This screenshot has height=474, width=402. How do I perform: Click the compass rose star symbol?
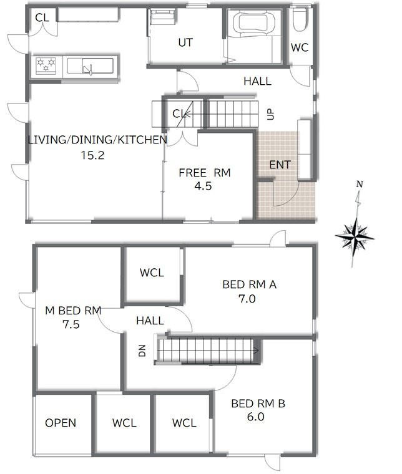click(x=355, y=237)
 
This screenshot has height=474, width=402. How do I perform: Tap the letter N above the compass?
click(x=360, y=184)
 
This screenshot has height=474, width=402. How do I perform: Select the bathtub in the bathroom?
click(x=257, y=22)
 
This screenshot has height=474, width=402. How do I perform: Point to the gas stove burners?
click(x=46, y=65)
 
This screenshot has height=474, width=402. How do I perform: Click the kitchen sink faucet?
click(x=88, y=69)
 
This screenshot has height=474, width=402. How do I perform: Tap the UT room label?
click(x=185, y=42)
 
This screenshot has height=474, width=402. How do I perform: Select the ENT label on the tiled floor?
click(x=280, y=165)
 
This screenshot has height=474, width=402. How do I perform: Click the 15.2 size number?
click(x=92, y=155)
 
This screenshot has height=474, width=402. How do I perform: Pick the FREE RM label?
click(x=205, y=173)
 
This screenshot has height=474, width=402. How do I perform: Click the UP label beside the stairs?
click(x=271, y=114)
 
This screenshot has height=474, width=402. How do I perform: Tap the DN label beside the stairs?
click(x=142, y=351)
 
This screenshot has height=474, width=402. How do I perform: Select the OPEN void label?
click(x=61, y=423)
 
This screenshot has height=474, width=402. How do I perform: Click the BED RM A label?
click(x=249, y=284)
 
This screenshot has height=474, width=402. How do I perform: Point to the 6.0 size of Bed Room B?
click(x=255, y=417)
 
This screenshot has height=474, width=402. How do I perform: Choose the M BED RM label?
click(x=73, y=311)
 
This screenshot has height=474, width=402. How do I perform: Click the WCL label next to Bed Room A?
click(x=152, y=273)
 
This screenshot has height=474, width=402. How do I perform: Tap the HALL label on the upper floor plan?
click(x=257, y=81)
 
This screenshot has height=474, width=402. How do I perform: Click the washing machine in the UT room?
click(x=163, y=17)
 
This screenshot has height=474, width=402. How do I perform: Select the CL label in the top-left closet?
click(x=42, y=17)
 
